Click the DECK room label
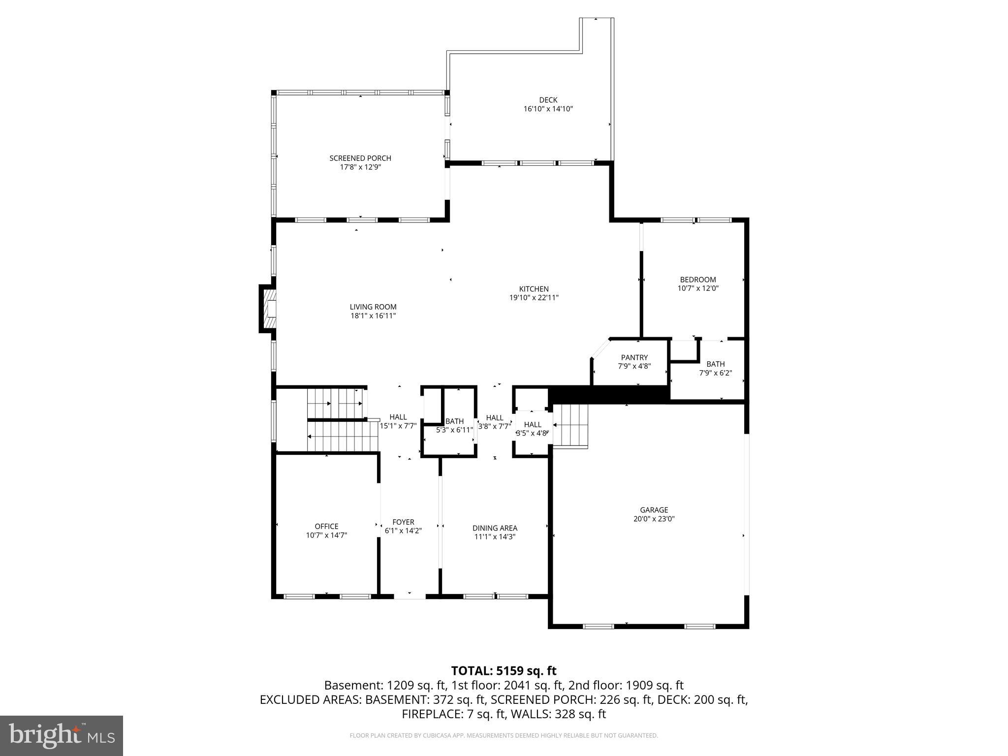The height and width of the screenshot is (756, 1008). [x=548, y=100]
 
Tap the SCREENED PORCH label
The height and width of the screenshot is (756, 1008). [x=360, y=158]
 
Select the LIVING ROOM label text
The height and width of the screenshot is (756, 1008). [x=373, y=307]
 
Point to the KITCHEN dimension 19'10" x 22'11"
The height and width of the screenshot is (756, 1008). [x=534, y=298]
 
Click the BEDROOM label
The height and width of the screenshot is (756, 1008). [x=698, y=280]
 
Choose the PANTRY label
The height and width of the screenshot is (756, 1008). [x=634, y=357]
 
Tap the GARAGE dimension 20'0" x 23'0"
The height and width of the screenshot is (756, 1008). [x=654, y=519]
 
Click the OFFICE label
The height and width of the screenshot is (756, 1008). [x=326, y=526]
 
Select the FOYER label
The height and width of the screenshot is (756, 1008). [x=403, y=522]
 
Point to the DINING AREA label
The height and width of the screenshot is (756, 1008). [x=495, y=528]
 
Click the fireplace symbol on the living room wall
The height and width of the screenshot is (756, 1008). [x=269, y=309]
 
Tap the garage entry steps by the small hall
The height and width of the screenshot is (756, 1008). [x=570, y=426]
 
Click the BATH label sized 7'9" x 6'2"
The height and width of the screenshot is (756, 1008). [x=715, y=364]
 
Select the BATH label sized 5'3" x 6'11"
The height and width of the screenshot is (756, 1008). [x=454, y=421]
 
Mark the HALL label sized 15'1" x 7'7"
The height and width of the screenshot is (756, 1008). [x=398, y=417]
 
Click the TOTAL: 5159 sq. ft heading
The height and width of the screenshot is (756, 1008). [x=504, y=671]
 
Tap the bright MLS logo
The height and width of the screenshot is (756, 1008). [x=62, y=735]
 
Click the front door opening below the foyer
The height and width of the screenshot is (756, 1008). [x=409, y=596]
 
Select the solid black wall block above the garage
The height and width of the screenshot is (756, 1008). [x=608, y=394]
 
